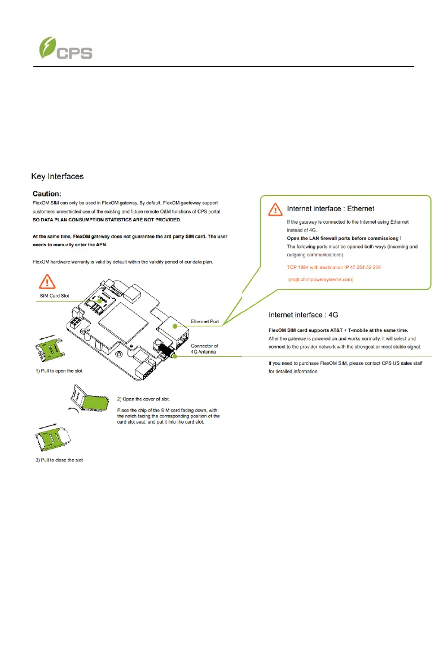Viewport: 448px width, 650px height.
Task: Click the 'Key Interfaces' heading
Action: pos(58,176)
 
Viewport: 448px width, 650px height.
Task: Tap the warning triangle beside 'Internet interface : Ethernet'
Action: pos(275,210)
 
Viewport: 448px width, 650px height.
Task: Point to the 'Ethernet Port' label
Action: pos(206,319)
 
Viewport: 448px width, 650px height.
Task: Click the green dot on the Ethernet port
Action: pos(175,326)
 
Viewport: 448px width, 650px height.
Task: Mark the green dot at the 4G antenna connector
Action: pos(176,356)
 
